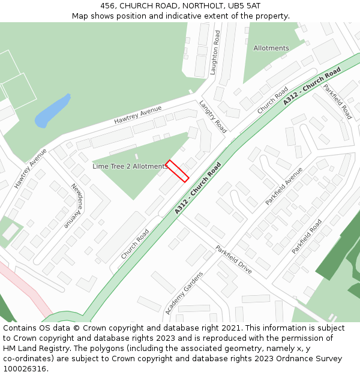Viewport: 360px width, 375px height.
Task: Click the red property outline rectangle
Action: (177, 170)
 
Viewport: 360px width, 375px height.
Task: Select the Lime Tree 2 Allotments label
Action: (130, 166)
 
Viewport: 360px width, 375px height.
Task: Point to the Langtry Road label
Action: (212, 116)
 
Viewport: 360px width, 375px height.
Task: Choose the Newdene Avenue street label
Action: (77, 205)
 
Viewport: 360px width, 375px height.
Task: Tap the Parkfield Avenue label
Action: (284, 186)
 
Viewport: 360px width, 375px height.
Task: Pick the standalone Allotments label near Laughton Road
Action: (271, 48)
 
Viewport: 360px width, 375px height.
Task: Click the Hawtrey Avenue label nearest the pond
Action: (138, 115)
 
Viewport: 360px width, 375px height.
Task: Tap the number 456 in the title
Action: (108, 5)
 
